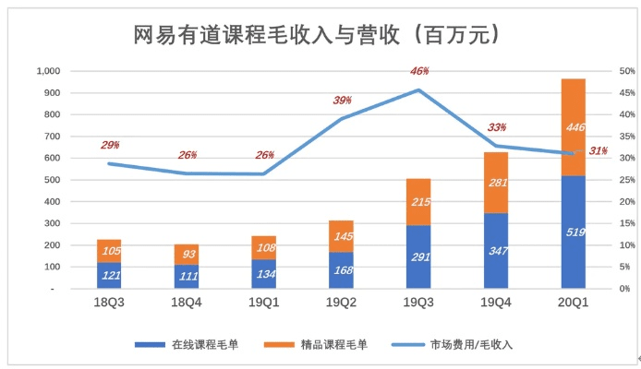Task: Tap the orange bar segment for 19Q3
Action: point(418,201)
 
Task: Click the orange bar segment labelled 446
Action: point(574,127)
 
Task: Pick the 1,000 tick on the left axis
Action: point(47,71)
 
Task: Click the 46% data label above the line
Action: point(418,72)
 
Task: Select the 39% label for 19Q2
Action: point(341,101)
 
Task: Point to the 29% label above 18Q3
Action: point(110,146)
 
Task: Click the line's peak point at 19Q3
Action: point(418,89)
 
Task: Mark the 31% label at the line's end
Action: point(598,151)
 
